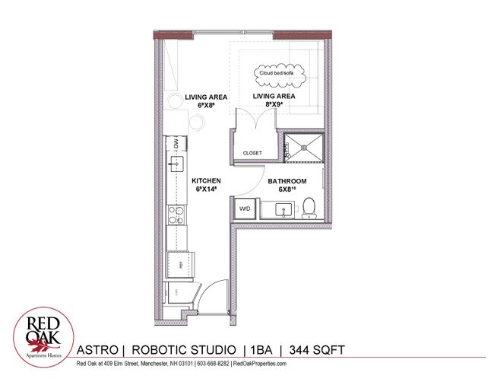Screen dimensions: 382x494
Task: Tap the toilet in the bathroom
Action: coord(309,207)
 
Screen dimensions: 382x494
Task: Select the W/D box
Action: coord(245,208)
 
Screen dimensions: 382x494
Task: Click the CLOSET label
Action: coord(252,153)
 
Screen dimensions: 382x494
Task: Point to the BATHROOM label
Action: coord(287,181)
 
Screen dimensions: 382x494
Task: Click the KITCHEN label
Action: coord(207,181)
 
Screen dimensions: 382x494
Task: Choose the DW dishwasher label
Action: coord(176,143)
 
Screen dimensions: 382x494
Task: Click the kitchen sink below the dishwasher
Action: coord(175,164)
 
